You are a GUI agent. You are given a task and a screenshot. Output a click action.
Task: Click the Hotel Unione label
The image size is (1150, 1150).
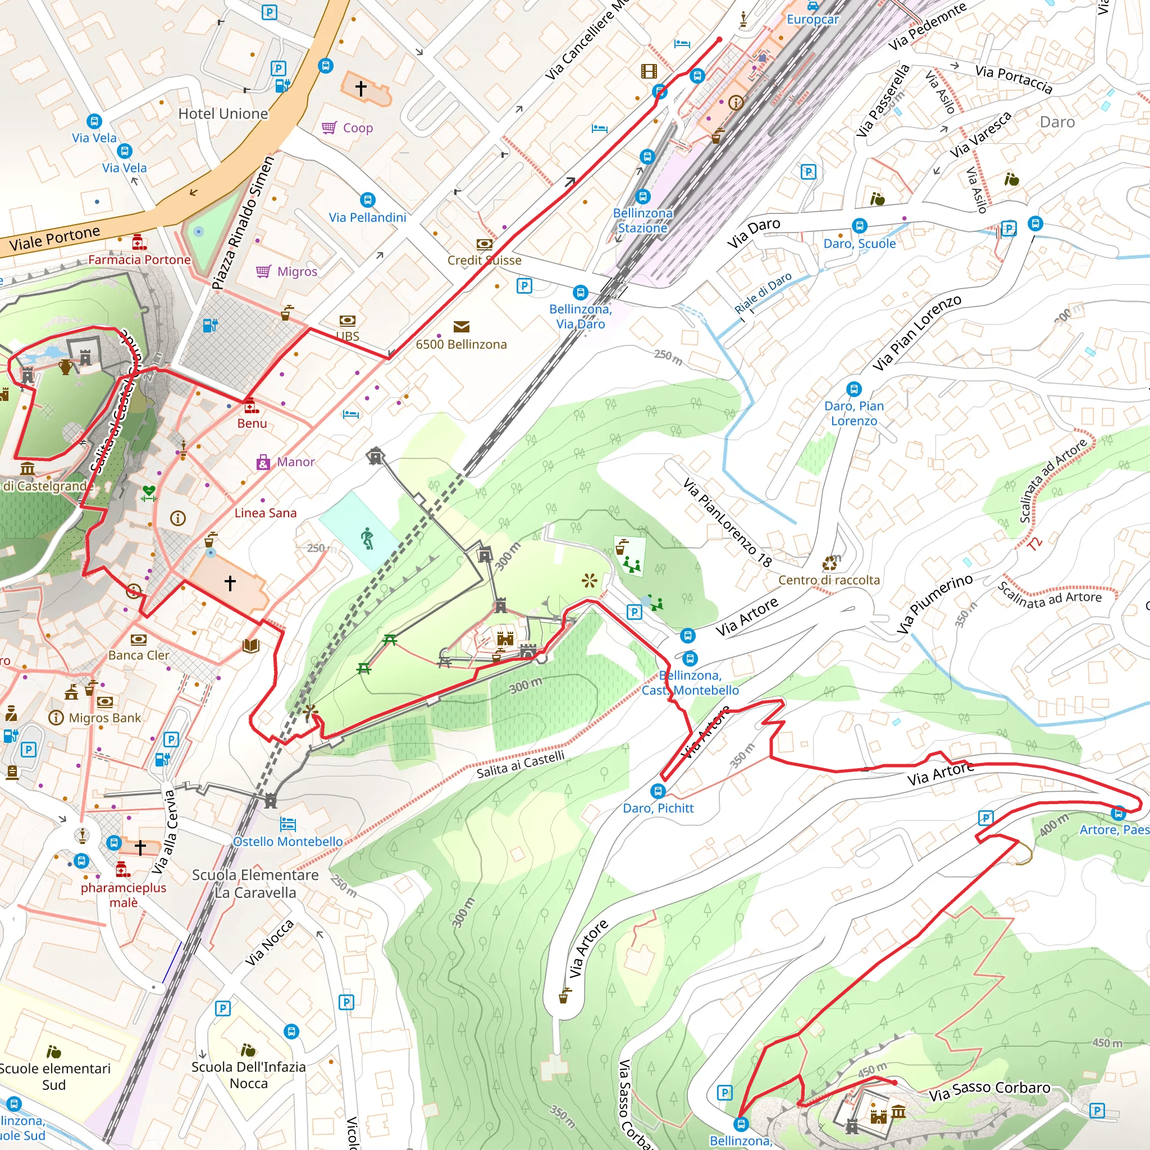coord(223,113)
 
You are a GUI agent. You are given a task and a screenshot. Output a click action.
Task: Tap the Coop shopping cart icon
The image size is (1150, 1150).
coord(329,128)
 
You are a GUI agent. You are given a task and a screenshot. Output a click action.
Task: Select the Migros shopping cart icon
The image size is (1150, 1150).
coord(263,271)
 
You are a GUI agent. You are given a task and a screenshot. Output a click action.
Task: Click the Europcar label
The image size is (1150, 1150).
coord(813,19)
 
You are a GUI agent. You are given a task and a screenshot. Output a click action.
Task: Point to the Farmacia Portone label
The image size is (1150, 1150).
coord(139,259)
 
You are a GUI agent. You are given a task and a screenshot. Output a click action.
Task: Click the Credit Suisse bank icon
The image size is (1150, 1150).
coord(485,245)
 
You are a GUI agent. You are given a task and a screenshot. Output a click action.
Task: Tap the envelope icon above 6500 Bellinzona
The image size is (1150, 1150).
coord(462,327)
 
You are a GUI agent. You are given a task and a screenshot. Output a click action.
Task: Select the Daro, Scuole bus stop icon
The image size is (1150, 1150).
coord(859,226)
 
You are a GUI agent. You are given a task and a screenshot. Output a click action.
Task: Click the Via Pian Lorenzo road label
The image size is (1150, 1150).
coord(916,334)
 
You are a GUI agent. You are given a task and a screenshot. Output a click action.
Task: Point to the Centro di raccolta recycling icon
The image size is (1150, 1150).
coord(829,563)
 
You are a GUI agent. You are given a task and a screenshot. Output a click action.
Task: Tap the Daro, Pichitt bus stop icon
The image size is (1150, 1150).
coord(658,791)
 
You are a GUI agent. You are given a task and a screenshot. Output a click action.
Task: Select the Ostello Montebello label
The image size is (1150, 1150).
coord(288,842)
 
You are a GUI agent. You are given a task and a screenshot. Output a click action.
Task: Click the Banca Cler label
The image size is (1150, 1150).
coord(139,655)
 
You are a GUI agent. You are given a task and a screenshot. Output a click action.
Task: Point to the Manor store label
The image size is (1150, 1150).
coord(296,462)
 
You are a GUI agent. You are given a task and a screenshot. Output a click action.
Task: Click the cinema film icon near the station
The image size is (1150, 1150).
coord(649,71)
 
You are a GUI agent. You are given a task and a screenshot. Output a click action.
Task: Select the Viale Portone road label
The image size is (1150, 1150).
coord(55,238)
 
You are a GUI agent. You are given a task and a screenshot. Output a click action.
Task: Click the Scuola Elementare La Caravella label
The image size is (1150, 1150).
coord(255,884)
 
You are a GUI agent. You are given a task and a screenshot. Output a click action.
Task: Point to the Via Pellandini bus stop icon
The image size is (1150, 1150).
coord(368,200)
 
